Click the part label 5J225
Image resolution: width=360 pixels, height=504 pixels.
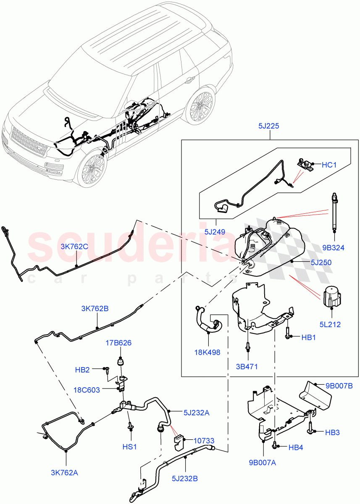(x=270, y=126)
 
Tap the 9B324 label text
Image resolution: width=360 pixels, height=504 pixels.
(x=334, y=248)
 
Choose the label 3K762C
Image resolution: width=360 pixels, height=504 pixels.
(x=74, y=247)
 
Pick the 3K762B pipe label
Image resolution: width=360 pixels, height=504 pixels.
(x=95, y=309)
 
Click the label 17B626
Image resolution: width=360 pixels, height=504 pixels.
(x=118, y=343)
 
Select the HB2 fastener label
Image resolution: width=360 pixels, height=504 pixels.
(x=82, y=370)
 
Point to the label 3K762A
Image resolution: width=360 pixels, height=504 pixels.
(x=64, y=472)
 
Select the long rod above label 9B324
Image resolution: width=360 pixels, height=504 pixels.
(x=334, y=212)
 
